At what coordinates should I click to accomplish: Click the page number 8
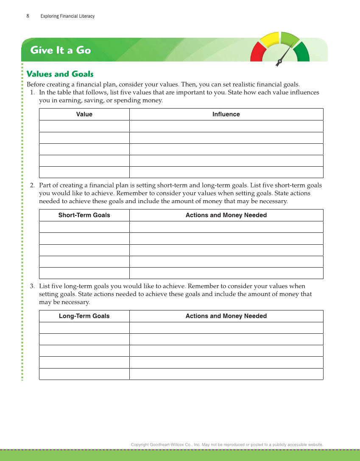[28, 16]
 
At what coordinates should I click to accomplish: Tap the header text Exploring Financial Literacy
[67, 16]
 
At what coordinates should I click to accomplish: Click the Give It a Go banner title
[61, 50]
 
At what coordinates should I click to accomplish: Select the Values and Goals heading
[60, 74]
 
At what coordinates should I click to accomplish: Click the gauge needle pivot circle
[280, 61]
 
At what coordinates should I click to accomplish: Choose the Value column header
[84, 115]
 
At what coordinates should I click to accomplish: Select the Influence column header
[226, 115]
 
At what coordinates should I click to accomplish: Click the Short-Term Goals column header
[84, 215]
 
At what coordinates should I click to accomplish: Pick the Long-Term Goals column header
[84, 316]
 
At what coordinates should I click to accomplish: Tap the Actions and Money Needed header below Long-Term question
[226, 316]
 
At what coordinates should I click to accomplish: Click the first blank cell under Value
[84, 126]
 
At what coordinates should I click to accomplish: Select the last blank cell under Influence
[226, 172]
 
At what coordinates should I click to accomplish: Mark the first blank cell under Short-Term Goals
[84, 227]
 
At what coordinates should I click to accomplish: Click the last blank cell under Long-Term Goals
[84, 374]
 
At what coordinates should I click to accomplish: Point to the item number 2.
[32, 185]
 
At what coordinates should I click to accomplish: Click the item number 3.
[32, 286]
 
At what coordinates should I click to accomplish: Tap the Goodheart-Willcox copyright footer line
[227, 444]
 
